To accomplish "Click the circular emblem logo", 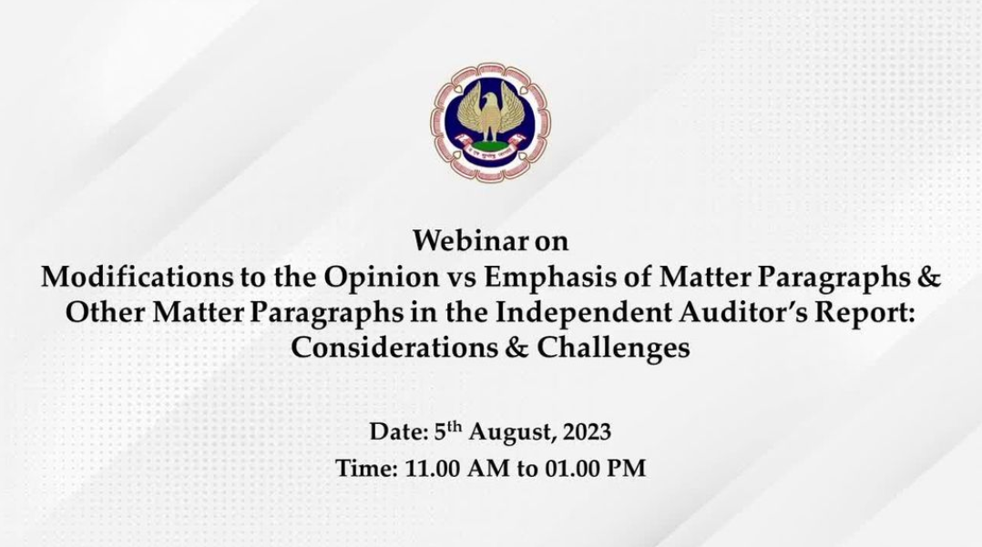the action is click(x=491, y=122).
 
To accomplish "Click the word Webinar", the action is click(x=470, y=241).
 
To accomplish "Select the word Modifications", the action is click(x=136, y=277).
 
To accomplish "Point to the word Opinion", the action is click(x=382, y=278).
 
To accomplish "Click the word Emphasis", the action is click(x=553, y=278).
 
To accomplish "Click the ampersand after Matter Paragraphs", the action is click(x=929, y=277).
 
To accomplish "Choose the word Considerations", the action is click(x=394, y=348).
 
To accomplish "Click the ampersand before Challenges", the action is click(x=517, y=348).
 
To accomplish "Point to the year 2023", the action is click(x=587, y=432).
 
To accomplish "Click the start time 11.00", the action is click(x=432, y=469).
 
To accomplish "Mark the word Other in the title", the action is click(x=106, y=312).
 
